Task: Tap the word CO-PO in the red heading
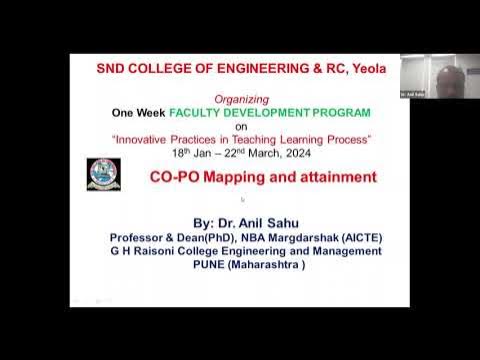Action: click(x=177, y=177)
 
